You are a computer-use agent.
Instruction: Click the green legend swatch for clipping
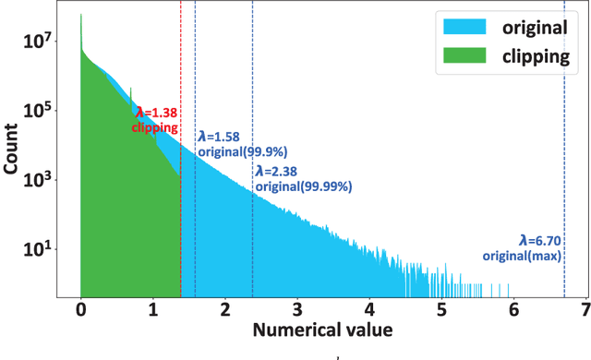pos(455,56)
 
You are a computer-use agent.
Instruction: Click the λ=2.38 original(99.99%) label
pos(303,178)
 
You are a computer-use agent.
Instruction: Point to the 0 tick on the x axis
pos(81,309)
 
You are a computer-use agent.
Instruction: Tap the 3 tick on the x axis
pos(297,309)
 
